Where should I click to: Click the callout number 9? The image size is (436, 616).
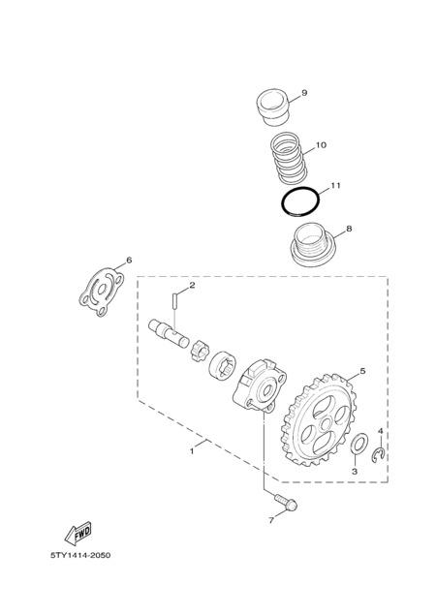[x=304, y=93]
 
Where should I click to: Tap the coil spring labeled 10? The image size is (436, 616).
[x=289, y=158]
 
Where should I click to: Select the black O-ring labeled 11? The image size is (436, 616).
[x=300, y=202]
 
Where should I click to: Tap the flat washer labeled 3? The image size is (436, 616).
[x=358, y=443]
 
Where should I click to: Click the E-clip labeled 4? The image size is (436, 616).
[x=379, y=454]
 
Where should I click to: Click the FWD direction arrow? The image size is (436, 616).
[x=78, y=533]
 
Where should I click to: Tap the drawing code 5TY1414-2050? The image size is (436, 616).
[x=80, y=555]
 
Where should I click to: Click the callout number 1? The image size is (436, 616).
[x=192, y=451]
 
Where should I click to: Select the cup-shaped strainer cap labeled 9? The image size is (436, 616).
[x=272, y=108]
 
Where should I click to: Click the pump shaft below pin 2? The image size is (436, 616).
[x=169, y=334]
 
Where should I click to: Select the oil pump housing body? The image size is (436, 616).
[x=260, y=385]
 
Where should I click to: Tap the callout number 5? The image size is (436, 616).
[x=362, y=370]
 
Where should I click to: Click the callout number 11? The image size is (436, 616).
[x=335, y=185]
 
